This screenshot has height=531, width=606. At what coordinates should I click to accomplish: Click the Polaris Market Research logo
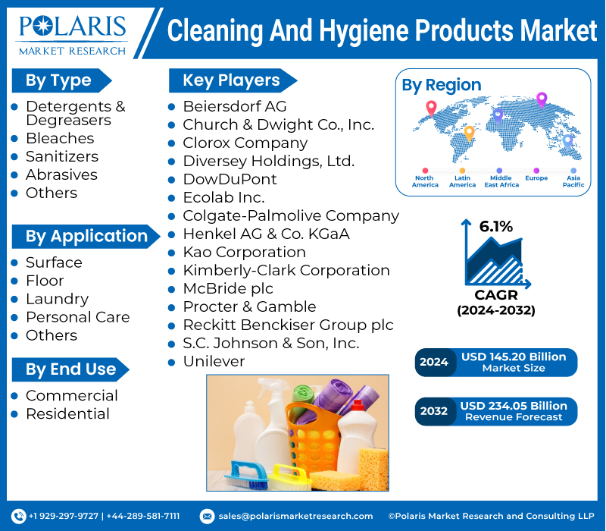[73, 34]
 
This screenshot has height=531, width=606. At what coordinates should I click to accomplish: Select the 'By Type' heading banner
[59, 80]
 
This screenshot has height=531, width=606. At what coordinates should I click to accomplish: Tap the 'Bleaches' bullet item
[60, 138]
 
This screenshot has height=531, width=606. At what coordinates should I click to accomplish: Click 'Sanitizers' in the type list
[62, 156]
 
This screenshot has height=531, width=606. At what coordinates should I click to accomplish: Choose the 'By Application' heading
[86, 236]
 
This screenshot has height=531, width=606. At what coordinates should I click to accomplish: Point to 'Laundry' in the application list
[57, 299]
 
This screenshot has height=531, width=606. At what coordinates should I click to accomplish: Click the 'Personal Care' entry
[77, 317]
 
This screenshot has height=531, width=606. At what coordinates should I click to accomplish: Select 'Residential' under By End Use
[67, 413]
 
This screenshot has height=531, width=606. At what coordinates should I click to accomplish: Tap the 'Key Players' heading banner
[230, 80]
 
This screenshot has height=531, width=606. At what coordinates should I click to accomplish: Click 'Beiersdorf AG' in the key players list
[234, 106]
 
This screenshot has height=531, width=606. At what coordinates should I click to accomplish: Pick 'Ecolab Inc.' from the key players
[223, 197]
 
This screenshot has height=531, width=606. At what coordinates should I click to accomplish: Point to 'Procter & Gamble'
[249, 306]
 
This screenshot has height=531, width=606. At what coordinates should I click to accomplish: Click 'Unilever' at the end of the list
[214, 361]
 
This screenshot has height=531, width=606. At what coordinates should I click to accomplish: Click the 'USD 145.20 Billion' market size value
[514, 357]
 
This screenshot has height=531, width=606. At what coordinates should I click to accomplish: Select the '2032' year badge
[434, 411]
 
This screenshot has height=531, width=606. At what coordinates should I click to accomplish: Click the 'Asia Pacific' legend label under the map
[573, 181]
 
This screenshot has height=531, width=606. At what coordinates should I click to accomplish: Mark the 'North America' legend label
[425, 181]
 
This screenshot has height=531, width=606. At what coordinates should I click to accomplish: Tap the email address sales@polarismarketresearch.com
[295, 516]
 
